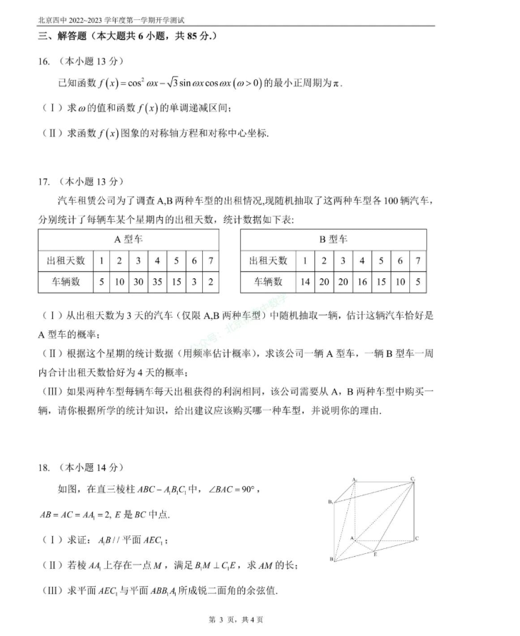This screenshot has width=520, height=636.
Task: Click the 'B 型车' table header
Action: click(334, 240)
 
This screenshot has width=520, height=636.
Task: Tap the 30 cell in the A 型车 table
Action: click(139, 282)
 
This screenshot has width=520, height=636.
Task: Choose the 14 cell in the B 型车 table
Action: click(305, 282)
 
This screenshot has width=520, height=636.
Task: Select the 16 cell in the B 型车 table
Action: click(362, 282)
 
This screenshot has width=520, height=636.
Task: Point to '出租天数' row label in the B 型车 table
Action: click(268, 261)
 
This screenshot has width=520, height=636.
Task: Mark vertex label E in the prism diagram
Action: click(376, 553)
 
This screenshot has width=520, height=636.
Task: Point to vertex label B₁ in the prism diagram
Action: click(331, 503)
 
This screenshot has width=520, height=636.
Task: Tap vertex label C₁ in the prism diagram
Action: click(414, 478)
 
